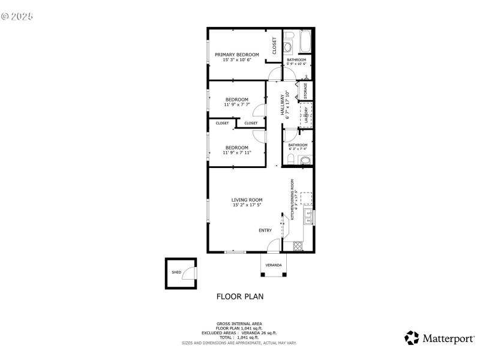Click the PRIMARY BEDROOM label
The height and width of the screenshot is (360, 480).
click(237, 55)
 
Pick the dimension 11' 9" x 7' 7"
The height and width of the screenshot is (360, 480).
click(237, 105)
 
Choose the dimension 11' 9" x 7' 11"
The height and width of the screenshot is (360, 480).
click(237, 152)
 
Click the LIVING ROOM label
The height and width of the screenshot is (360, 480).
click(247, 200)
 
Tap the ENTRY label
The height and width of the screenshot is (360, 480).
click(265, 230)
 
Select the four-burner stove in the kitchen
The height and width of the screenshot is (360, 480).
click(297, 245)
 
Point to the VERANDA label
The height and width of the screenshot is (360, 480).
click(274, 265)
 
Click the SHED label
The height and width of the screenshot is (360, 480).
click(176, 272)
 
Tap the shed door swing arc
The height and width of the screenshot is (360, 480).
click(189, 273)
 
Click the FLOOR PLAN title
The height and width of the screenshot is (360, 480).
click(239, 296)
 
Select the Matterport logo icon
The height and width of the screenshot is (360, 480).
click(412, 338)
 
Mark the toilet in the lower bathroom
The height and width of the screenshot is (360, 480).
click(290, 159)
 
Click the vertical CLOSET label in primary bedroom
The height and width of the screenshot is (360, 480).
click(274, 46)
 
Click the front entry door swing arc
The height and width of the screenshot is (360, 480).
click(274, 245)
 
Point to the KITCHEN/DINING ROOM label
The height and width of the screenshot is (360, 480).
click(293, 200)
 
